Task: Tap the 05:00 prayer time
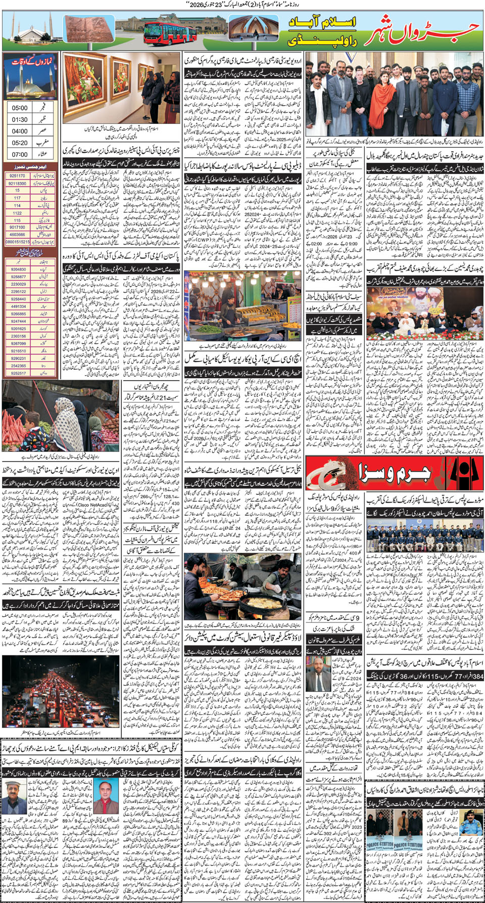point(20,108)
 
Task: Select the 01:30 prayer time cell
point(20,119)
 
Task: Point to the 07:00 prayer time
point(20,154)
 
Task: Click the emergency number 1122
point(17,213)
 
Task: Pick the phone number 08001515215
point(18,242)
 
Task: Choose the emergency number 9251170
point(17,176)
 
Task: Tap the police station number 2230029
point(18,284)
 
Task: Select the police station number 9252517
point(18,373)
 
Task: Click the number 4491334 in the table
point(18,306)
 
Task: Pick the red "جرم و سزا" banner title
point(399,473)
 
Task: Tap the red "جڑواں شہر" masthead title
point(422,31)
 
